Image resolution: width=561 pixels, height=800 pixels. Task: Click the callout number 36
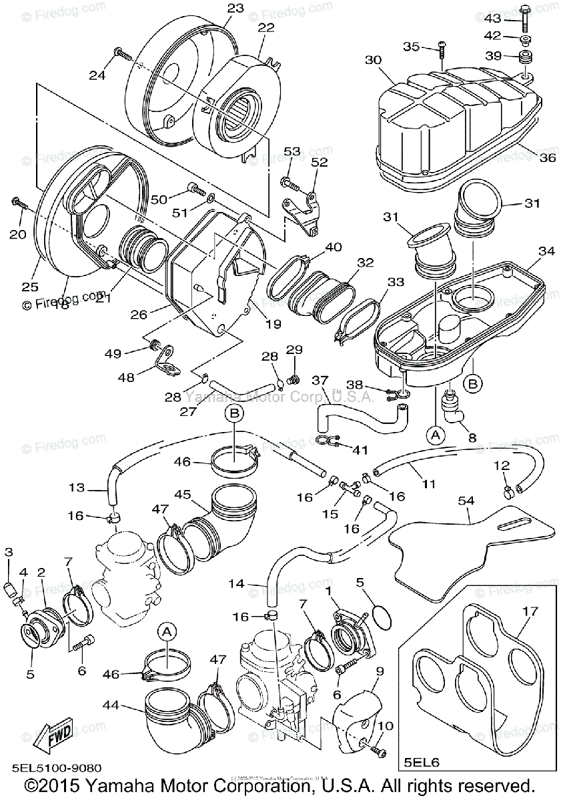point(547,157)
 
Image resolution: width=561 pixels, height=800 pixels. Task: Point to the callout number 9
point(380,671)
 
